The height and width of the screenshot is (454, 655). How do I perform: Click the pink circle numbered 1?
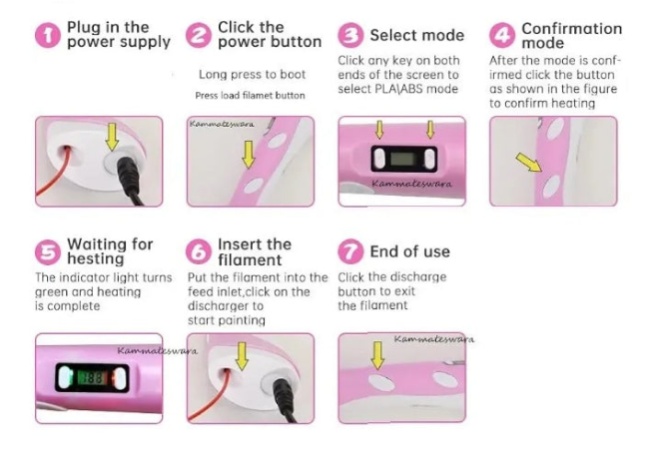click(x=48, y=36)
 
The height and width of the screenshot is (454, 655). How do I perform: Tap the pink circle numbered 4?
click(x=502, y=36)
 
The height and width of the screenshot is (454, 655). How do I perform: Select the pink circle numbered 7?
click(x=350, y=251)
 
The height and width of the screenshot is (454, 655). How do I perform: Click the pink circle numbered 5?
click(x=48, y=252)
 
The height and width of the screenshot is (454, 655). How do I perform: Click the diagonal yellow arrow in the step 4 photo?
click(x=529, y=162)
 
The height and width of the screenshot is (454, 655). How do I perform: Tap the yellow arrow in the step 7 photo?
click(x=377, y=355)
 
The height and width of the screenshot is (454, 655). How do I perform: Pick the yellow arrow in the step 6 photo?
click(x=242, y=356)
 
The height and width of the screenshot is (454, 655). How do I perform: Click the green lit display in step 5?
click(x=91, y=378)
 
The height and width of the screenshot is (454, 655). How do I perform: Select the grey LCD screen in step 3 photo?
click(x=404, y=159)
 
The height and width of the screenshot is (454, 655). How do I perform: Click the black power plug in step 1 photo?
click(x=130, y=180)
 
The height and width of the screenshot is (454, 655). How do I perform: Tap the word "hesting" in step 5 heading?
click(x=96, y=258)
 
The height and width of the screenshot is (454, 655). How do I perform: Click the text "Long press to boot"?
click(x=253, y=75)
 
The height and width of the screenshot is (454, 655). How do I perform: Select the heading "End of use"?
click(x=410, y=251)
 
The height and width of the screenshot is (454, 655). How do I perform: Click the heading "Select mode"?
click(x=417, y=36)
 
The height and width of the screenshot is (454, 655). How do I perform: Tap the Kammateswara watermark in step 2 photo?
click(x=222, y=124)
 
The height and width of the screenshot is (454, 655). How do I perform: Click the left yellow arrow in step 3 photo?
click(x=379, y=130)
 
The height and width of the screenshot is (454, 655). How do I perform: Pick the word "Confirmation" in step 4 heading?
click(x=572, y=28)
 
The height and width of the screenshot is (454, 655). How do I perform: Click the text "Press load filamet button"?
click(x=250, y=96)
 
